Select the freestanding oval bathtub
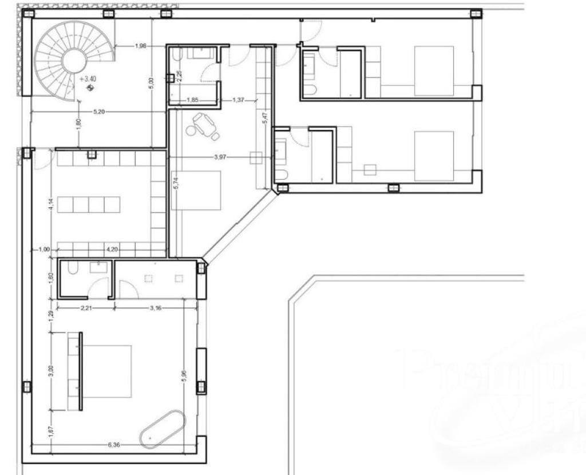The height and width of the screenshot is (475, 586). (163, 428)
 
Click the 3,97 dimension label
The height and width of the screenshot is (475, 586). (220, 157)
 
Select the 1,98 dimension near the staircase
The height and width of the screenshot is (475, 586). (141, 46)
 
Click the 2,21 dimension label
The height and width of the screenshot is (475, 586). (86, 307)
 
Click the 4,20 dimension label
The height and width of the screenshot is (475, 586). (112, 249)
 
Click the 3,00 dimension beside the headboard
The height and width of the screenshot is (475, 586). (51, 371)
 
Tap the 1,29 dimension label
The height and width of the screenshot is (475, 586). (51, 314)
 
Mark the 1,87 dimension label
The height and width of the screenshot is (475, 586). (51, 433)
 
